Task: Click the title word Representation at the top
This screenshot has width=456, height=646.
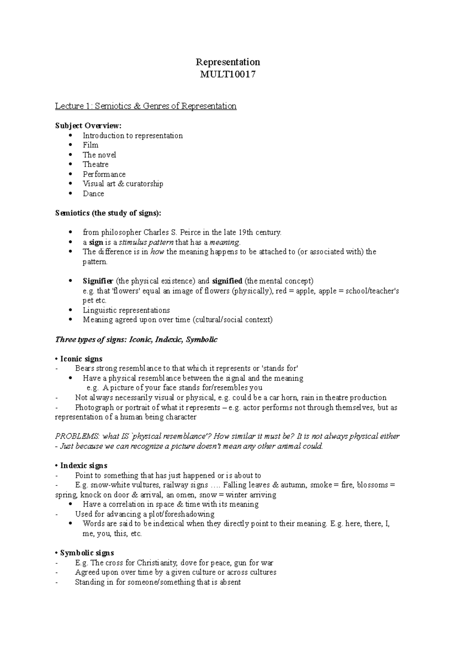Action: (x=228, y=62)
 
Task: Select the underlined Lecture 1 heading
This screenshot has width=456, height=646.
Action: (x=146, y=106)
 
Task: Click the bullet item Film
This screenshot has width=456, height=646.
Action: (x=90, y=145)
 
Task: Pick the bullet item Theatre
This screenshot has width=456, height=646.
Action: (x=95, y=164)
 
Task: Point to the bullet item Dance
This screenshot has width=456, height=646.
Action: (x=93, y=194)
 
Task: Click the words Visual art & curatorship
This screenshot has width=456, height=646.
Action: (x=123, y=184)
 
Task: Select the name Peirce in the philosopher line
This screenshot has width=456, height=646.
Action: (x=189, y=232)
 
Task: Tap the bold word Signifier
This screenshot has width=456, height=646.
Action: (x=98, y=281)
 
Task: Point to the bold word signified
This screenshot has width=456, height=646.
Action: (x=227, y=281)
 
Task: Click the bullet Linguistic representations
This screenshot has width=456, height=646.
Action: (x=126, y=310)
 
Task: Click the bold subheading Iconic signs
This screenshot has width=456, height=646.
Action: (x=81, y=359)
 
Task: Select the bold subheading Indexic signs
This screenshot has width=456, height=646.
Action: (x=84, y=466)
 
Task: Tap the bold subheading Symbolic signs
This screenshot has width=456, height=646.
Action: (x=87, y=553)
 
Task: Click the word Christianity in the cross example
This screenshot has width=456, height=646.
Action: (x=157, y=563)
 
